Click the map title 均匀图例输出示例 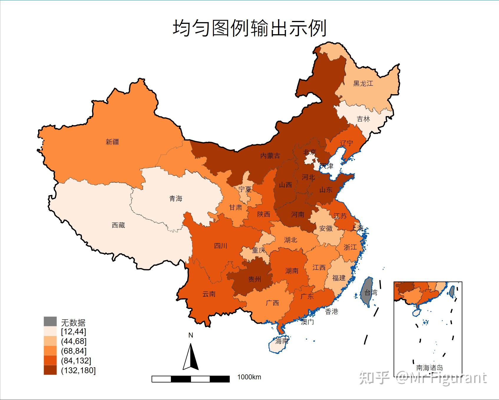(249, 28)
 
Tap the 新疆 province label (112, 142)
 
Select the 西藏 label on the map (118, 225)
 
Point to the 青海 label (176, 199)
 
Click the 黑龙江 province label (363, 83)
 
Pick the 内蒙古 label (270, 156)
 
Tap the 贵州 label (255, 279)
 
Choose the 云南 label (209, 294)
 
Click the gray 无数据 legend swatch (50, 322)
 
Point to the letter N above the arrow (191, 335)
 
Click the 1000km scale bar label (249, 377)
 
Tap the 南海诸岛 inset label (429, 368)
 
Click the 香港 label (331, 312)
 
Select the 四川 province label (220, 246)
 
